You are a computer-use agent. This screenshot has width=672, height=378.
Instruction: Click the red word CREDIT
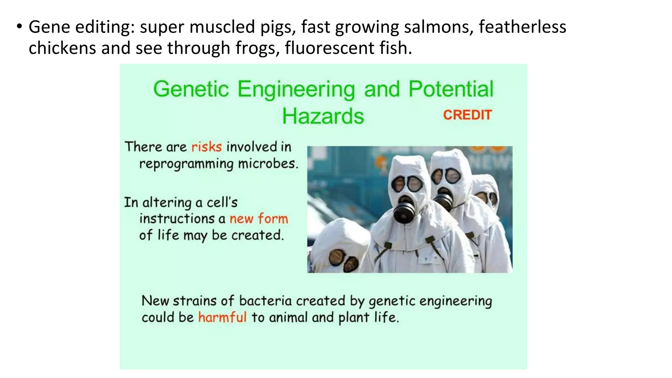coord(467,115)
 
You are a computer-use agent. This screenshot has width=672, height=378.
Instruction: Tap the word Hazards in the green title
coord(323,116)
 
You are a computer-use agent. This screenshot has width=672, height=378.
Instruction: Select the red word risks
coord(206,147)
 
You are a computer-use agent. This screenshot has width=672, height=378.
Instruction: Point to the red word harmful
coord(222,317)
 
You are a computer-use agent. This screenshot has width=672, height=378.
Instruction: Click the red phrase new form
coord(259,219)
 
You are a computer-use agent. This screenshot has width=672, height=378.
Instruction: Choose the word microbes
coord(268,163)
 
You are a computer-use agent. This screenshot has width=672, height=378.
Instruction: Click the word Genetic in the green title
coord(191,89)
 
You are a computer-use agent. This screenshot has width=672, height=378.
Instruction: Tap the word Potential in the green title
coord(451,89)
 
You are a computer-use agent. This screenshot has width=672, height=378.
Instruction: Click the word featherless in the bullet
coord(522,27)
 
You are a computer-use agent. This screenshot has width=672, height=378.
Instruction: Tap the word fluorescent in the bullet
coord(329,48)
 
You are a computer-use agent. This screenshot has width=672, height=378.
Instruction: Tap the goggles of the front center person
coord(407,184)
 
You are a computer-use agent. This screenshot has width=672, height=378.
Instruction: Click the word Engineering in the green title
coord(296,89)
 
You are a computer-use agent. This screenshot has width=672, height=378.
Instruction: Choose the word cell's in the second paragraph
coord(222,202)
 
